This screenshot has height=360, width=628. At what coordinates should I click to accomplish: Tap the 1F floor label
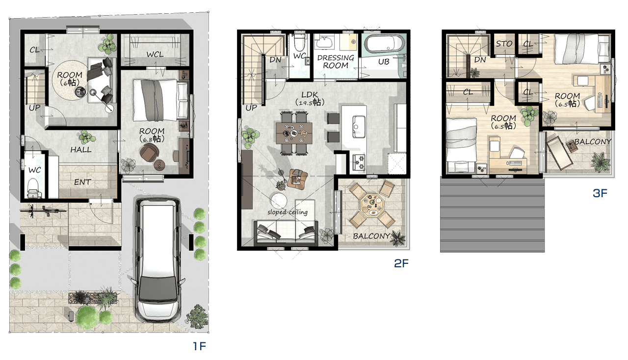(x=199, y=346)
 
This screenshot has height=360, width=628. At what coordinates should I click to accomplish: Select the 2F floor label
(x=401, y=263)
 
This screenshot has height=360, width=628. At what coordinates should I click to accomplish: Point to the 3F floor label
(x=600, y=193)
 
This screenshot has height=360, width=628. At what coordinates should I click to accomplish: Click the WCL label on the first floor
(x=155, y=54)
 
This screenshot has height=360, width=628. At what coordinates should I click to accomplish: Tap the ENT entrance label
(x=82, y=182)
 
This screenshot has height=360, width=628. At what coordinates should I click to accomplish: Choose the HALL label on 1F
(x=81, y=150)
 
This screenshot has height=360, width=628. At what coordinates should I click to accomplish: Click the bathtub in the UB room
(x=384, y=44)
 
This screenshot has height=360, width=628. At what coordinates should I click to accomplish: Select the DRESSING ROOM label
(x=336, y=62)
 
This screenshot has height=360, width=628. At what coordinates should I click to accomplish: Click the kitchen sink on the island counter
(x=359, y=126)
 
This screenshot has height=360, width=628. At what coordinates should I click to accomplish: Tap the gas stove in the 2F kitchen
(x=358, y=162)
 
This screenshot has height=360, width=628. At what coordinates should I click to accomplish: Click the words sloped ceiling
(x=288, y=212)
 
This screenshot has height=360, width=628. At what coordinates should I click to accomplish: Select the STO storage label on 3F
(x=504, y=44)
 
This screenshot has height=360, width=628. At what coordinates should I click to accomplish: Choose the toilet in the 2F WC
(x=299, y=44)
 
